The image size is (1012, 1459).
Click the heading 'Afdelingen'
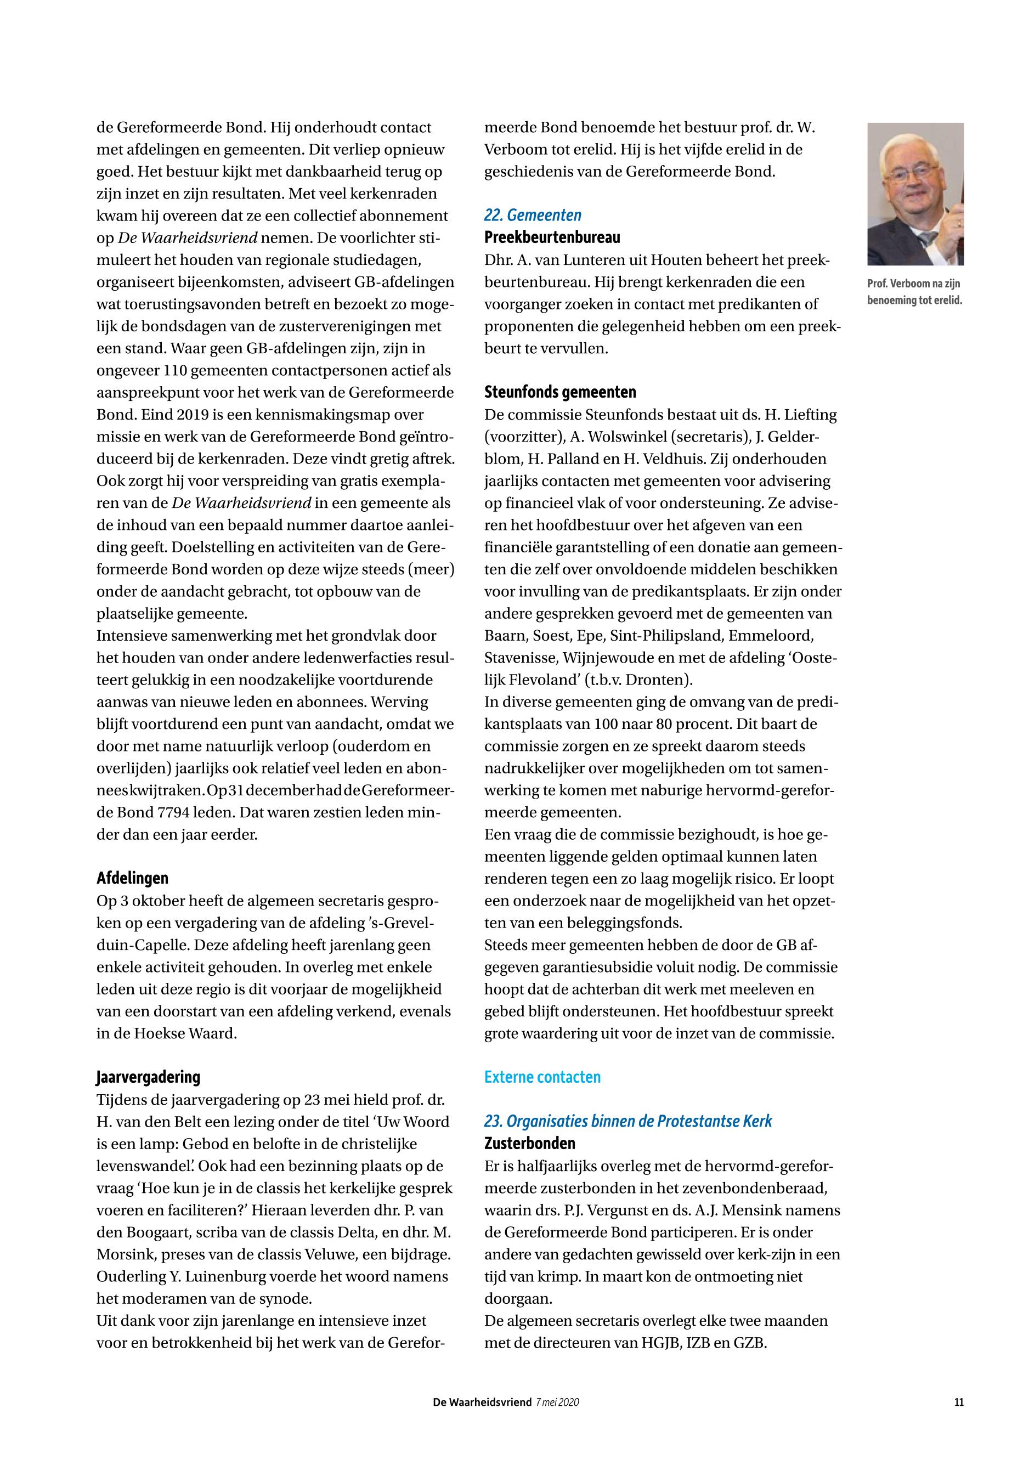coord(133,878)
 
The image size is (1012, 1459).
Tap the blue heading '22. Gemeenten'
coord(533,215)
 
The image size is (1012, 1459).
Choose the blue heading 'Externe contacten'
coord(542,1077)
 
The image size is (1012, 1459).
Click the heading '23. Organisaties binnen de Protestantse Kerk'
coord(627,1121)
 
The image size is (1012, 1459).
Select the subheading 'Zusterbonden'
coord(529,1143)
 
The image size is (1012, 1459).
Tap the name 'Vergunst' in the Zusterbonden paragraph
coord(613,1210)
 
